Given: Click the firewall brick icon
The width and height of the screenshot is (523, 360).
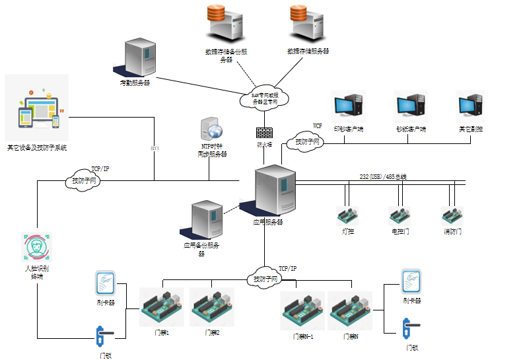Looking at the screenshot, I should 264,132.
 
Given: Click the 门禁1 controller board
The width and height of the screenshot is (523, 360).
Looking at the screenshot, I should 162,307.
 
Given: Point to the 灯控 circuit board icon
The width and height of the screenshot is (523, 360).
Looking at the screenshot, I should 347,216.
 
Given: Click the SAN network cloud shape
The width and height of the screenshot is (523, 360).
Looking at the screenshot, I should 265,99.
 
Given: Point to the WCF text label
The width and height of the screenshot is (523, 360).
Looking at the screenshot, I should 317,126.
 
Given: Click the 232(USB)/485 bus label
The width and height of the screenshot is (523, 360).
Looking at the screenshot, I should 383,176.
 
